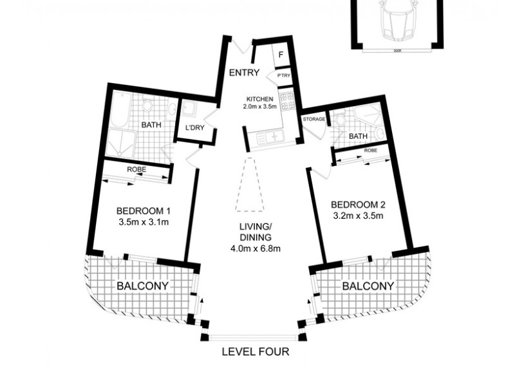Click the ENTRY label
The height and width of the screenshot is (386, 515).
[x=244, y=73]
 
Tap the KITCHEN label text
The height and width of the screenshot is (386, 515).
[x=260, y=98]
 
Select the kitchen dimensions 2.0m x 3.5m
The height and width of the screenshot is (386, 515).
[x=260, y=106]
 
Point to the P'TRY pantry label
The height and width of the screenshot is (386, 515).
[x=283, y=77]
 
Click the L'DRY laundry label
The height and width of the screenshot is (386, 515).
[x=194, y=127]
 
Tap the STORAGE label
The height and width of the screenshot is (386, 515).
[x=314, y=119]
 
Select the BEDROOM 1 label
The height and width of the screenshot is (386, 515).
[x=143, y=211]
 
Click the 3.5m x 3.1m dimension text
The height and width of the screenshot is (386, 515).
[x=143, y=223]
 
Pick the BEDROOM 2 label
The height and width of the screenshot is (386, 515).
[x=357, y=205]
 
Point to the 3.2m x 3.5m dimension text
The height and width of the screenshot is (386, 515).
[x=357, y=216]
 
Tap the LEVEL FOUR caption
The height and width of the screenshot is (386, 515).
[x=256, y=352]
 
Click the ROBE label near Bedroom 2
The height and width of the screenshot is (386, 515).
[x=370, y=151]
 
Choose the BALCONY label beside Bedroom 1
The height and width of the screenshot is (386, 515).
[x=143, y=286]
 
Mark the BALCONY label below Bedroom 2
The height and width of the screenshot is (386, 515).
[x=368, y=286]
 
